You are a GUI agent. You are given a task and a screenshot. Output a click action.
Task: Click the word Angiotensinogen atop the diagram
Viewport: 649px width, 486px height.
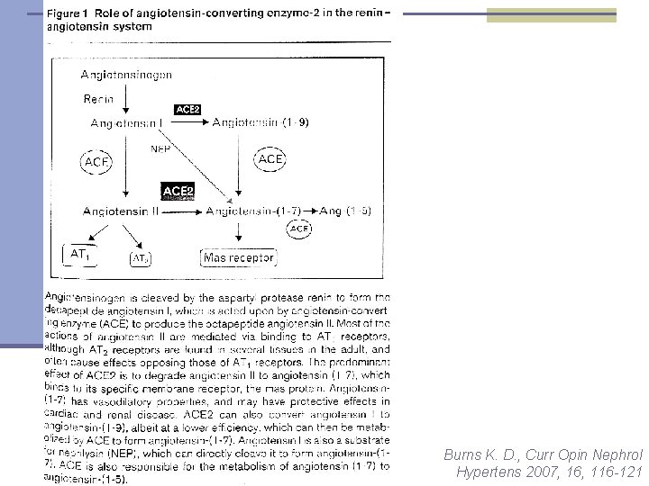(126, 74)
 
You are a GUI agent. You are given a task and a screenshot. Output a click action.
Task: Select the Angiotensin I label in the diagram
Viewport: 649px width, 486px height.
(126, 121)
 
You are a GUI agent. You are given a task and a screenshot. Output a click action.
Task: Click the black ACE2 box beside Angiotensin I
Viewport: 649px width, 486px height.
(188, 110)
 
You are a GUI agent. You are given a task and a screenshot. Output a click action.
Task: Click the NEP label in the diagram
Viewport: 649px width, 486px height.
(160, 149)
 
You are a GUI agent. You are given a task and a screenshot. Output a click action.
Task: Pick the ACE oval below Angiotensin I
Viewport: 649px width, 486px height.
(96, 162)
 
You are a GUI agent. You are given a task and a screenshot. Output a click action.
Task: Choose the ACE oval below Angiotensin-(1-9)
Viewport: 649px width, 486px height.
(271, 159)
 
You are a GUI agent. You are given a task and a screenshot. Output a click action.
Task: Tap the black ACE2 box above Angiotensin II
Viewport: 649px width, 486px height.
(178, 191)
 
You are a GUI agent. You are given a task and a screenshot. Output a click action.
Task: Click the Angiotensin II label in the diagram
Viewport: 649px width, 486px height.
(121, 211)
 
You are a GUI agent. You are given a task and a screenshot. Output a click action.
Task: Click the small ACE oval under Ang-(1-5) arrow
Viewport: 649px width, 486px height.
(300, 229)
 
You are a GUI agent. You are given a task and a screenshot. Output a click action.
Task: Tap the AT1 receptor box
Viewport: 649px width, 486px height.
(80, 255)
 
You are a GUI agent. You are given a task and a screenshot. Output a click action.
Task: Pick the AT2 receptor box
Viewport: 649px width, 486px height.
(140, 259)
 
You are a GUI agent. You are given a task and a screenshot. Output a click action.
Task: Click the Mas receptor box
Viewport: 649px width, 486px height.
(238, 258)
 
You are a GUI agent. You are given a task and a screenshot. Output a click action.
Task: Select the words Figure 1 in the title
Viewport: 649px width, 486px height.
(73, 15)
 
